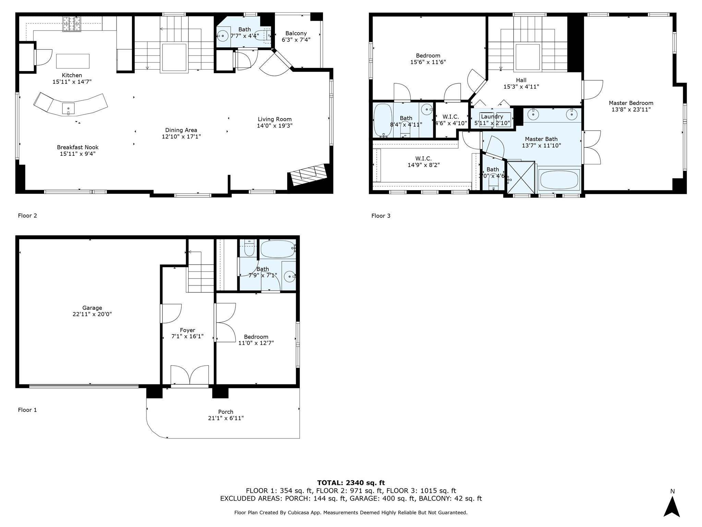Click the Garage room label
point(92,308)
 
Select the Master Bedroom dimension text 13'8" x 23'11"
point(631,109)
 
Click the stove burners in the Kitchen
point(71,24)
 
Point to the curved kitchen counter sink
point(68,108)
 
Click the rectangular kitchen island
point(73,61)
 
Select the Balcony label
point(296,33)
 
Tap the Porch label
point(226,412)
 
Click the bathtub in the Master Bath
point(559,179)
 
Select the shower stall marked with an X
point(520,177)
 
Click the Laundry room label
point(492,117)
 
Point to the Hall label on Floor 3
point(521,80)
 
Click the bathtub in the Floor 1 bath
point(277,249)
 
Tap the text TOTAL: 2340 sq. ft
point(351,483)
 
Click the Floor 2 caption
point(27,215)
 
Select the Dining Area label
point(181,130)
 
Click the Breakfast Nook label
point(77,147)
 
